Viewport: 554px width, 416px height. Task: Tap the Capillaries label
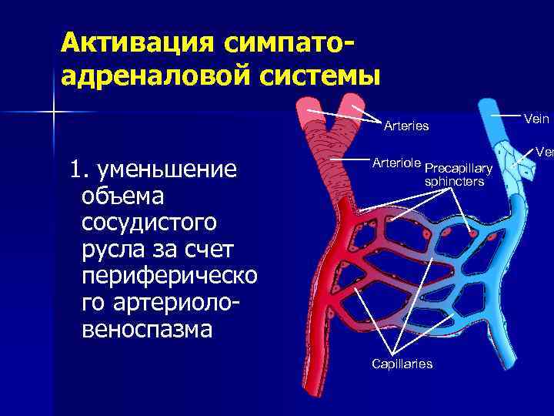402,364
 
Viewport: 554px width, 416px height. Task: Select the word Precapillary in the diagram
459,168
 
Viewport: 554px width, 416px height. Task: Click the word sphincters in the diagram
454,182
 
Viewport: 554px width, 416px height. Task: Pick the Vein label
536,118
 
